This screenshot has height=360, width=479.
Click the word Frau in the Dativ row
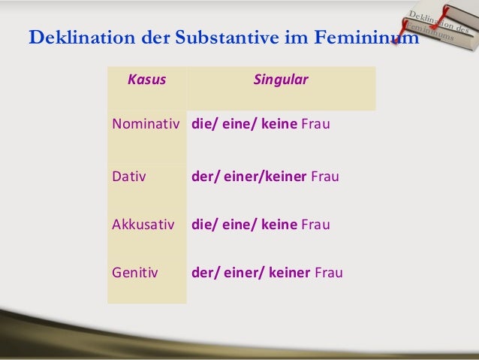coord(325,177)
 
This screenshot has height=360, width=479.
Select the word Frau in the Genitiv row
coord(329,272)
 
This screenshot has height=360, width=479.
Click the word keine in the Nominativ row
coord(278,125)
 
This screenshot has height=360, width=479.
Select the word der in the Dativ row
coord(203,177)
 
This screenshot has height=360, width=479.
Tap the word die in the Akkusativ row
coord(202,224)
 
